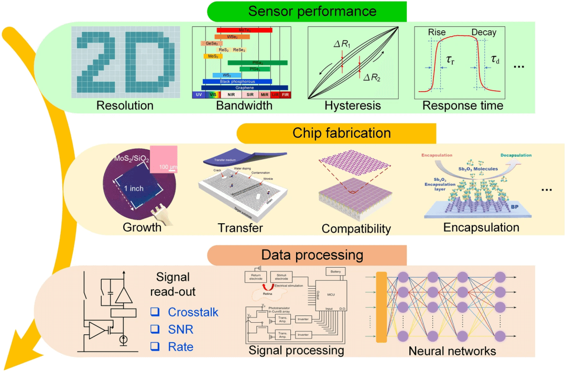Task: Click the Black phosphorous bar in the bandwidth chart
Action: (x=237, y=82)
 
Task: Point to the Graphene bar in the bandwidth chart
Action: (x=245, y=88)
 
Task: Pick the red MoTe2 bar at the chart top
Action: (x=244, y=30)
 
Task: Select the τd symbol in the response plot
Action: (x=495, y=60)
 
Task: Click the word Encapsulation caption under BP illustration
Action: (x=481, y=227)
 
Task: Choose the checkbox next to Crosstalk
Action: (x=155, y=312)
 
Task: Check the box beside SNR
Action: (x=155, y=329)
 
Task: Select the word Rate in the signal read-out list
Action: (x=180, y=346)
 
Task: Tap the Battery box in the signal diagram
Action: (x=336, y=271)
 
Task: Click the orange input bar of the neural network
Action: (x=381, y=307)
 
